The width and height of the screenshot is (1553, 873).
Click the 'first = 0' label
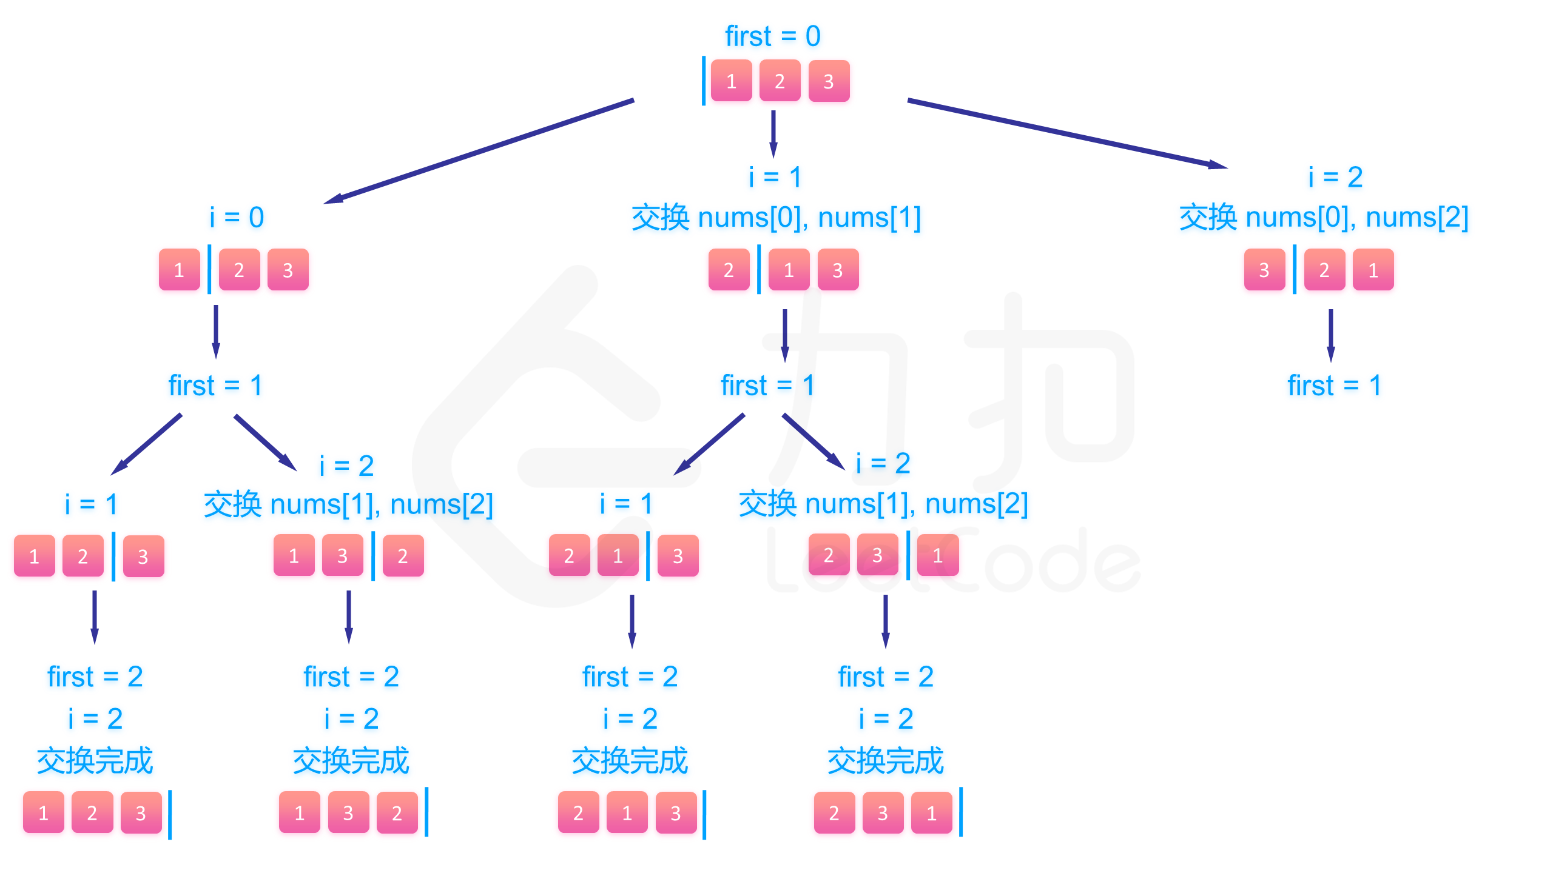tap(773, 36)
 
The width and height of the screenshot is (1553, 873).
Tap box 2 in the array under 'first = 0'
tap(780, 81)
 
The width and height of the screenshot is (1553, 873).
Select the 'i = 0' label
tap(237, 217)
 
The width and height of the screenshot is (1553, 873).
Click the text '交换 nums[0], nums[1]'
tap(776, 217)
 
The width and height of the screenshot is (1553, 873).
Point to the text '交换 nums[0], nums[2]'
tap(1324, 217)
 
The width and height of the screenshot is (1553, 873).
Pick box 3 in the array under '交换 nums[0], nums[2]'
tap(1264, 270)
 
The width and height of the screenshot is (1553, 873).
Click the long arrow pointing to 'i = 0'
tap(479, 151)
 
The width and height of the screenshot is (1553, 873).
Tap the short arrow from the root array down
tap(773, 133)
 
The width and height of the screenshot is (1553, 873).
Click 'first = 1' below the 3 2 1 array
tap(1334, 386)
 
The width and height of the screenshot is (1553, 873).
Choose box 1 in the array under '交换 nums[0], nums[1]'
tap(789, 270)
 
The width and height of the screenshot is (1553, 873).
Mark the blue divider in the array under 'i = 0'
tap(209, 269)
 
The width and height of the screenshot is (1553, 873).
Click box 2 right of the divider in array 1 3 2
tap(403, 556)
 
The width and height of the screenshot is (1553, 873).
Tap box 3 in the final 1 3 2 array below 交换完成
tap(348, 813)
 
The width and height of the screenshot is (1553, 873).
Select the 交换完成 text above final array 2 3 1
tap(885, 761)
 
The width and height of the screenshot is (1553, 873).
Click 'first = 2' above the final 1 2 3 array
tap(95, 677)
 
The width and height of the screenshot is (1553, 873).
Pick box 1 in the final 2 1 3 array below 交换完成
tap(627, 813)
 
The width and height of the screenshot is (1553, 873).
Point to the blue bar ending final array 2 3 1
tap(961, 812)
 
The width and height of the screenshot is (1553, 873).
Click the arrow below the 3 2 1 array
tap(1330, 335)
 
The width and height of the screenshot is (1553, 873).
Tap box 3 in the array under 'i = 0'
tap(288, 270)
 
